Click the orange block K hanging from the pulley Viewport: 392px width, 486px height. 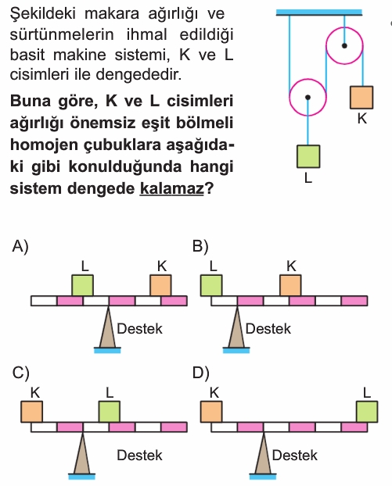click(361, 98)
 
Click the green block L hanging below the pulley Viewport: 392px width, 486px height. click(308, 156)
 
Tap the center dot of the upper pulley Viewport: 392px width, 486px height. click(344, 46)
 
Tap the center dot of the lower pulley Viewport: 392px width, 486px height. click(307, 98)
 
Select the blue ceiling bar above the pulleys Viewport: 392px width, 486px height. click(319, 13)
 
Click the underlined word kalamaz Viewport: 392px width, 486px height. click(171, 188)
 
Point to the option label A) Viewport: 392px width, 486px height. click(20, 247)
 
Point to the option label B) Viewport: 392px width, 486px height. click(200, 247)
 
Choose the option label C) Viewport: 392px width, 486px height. click(21, 373)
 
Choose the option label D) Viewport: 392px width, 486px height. click(201, 373)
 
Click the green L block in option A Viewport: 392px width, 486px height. click(83, 285)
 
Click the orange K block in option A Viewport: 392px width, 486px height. click(160, 285)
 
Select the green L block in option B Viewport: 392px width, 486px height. click(211, 285)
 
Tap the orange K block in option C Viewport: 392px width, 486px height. click(31, 412)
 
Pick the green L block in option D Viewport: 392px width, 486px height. click(367, 412)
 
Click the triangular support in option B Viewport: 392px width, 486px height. click(237, 327)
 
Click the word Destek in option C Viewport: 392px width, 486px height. click(140, 456)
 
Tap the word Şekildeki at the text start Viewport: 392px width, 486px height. click(43, 14)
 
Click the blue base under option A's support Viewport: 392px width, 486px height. click(107, 351)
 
